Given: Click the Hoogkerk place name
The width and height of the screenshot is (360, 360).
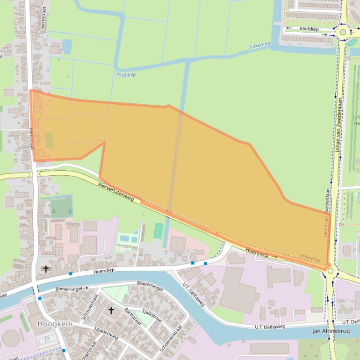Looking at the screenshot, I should tap(53, 323).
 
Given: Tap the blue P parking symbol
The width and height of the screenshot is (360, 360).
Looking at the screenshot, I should tap(47, 339).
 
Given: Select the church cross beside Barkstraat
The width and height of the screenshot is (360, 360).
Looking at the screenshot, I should tap(111, 310).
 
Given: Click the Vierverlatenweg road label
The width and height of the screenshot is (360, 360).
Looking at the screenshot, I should tap(116, 192).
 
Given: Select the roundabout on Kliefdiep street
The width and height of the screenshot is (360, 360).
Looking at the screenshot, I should tap(343, 32).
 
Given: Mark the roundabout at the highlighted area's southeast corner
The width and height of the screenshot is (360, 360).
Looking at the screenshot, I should tap(331, 271).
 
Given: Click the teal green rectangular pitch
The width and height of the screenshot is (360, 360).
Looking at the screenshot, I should tap(158, 230).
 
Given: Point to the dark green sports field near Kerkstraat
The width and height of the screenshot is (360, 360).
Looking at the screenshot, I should tap(61, 207).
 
